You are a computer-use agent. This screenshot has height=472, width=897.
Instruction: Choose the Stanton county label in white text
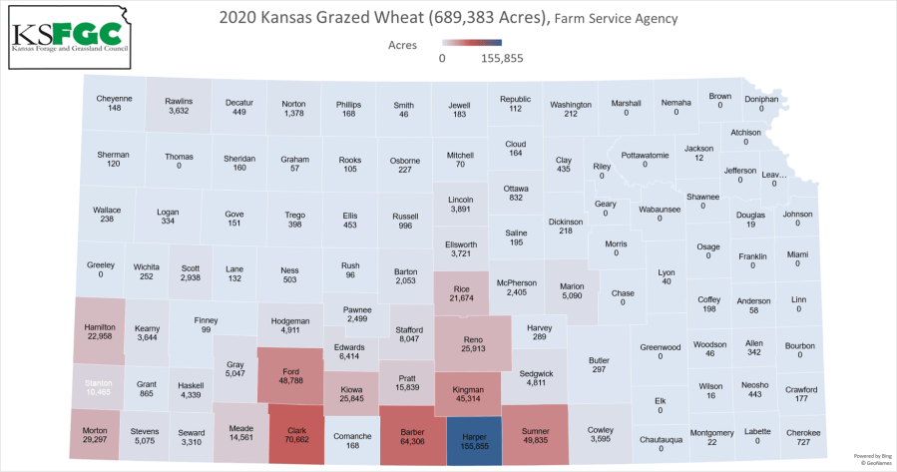(x=97, y=380)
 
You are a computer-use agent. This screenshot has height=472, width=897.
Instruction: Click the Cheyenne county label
(x=115, y=98)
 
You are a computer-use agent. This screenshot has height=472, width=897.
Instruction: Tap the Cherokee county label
(x=803, y=432)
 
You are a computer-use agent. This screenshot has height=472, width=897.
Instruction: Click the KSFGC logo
(x=72, y=36)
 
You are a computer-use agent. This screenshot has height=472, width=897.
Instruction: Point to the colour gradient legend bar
(x=472, y=45)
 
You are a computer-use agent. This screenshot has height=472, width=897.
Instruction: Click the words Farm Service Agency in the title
(x=618, y=19)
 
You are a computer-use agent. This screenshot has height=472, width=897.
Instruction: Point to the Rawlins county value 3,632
(x=179, y=110)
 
